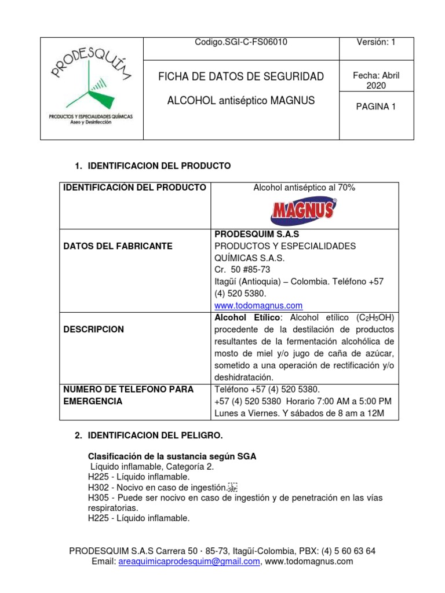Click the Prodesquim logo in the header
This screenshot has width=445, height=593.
point(91,88)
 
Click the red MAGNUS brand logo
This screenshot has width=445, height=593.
point(304,211)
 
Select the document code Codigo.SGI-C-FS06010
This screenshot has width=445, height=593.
point(242,42)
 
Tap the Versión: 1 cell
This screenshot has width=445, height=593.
point(376,42)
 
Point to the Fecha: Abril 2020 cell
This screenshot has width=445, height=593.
point(376,80)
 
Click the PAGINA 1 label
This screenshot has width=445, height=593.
point(376,106)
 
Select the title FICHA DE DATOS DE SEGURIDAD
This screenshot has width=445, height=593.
point(241,76)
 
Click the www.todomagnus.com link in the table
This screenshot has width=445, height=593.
point(258,305)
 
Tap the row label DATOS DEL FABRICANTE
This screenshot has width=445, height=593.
point(118,246)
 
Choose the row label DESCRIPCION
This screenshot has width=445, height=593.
point(93,329)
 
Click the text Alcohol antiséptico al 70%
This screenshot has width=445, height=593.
point(304,188)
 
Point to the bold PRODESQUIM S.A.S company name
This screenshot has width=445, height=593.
point(257,234)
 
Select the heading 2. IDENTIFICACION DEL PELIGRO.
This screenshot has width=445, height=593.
point(155,434)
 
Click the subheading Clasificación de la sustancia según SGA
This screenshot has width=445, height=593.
point(172,456)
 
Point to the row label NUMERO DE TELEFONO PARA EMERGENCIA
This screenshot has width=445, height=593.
point(128,395)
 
